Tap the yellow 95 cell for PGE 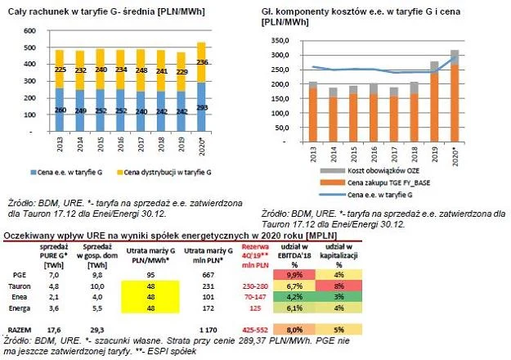150,275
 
